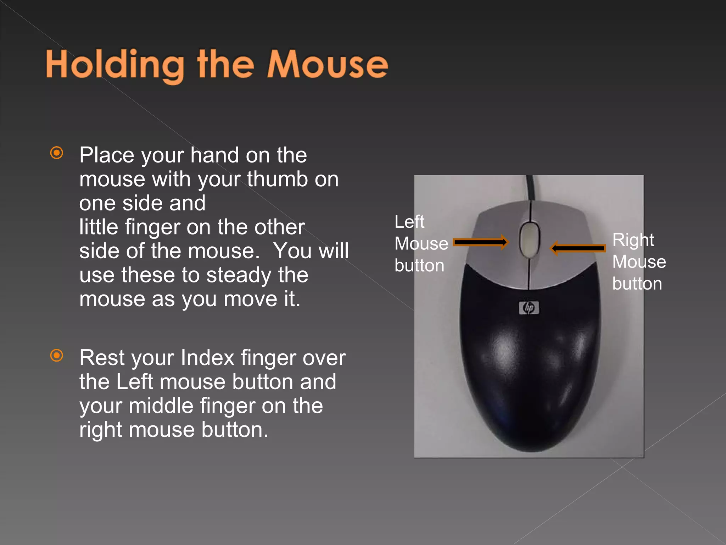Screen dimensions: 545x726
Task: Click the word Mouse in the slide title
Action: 328,64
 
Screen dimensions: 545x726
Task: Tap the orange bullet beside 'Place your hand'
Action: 57,153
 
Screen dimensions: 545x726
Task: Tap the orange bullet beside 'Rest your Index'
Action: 57,355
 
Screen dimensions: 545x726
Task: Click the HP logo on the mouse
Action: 529,308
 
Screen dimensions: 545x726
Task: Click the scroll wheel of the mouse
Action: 530,240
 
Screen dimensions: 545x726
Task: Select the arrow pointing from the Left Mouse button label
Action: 481,242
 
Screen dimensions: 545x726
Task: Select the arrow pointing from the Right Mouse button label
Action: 578,248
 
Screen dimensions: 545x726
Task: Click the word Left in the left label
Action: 409,222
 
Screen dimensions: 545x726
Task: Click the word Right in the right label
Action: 633,241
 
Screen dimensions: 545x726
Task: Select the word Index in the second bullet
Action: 207,358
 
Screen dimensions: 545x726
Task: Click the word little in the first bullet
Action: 99,227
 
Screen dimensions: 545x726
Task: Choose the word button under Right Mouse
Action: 637,284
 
